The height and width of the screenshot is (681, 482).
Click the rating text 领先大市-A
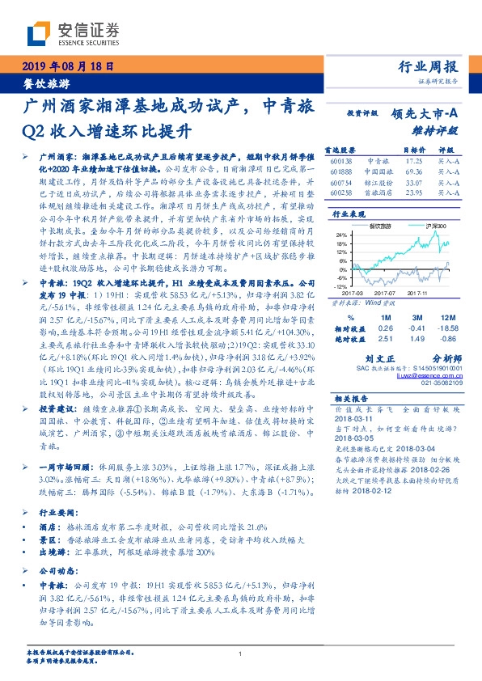427,114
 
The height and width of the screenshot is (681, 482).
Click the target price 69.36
413,172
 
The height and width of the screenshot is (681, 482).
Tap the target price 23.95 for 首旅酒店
413,194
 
